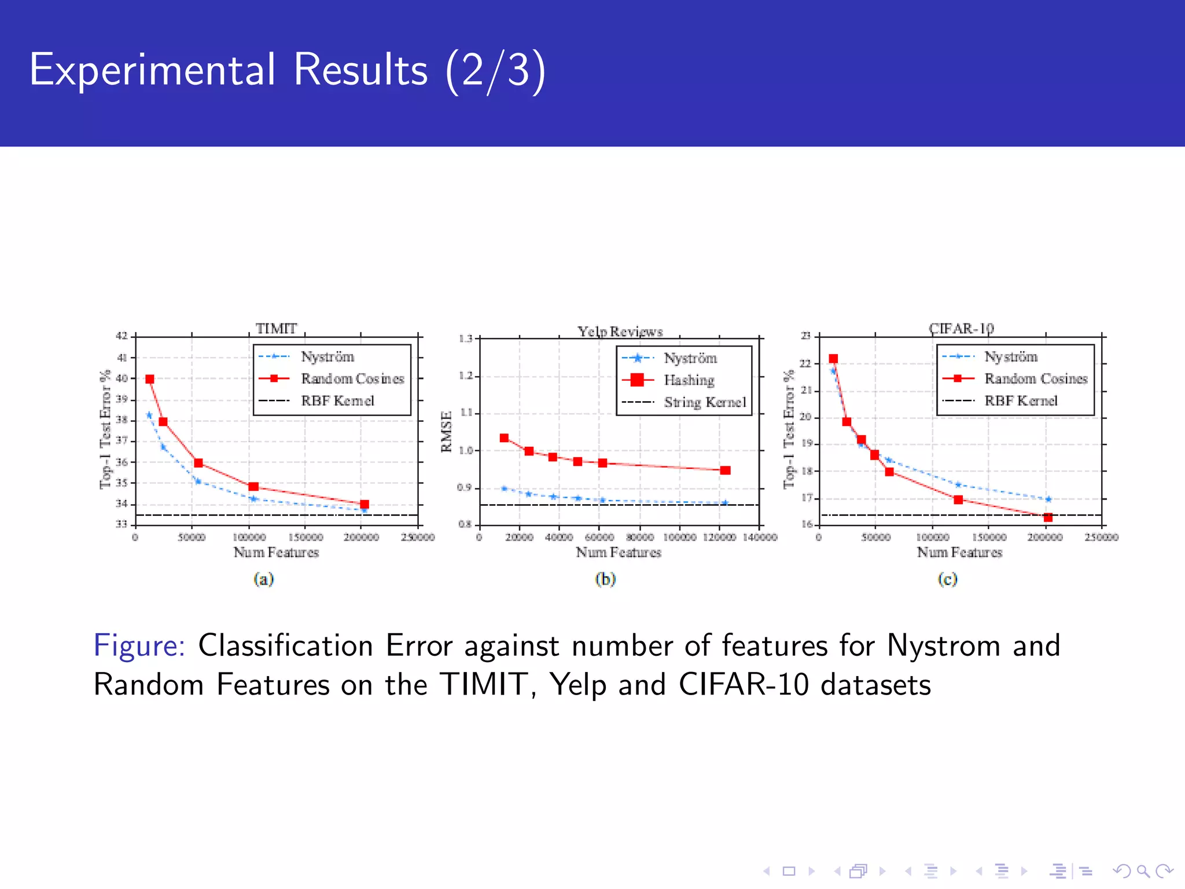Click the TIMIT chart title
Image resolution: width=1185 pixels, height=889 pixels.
point(276,329)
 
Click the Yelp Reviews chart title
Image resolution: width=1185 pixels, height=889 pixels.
point(620,332)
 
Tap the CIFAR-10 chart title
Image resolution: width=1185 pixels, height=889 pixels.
point(961,329)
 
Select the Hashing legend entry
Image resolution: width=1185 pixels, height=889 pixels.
point(689,380)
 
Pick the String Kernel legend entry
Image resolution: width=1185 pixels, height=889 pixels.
point(705,402)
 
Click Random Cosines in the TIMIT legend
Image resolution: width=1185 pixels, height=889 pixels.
point(352,379)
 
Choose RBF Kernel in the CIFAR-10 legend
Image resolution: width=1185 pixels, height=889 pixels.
point(1021,401)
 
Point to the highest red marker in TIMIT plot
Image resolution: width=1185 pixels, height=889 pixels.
point(150,379)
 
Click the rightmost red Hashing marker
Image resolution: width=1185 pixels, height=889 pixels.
point(725,471)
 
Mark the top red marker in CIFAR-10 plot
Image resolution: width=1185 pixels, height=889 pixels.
point(833,359)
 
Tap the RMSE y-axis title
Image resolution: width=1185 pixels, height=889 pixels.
point(446,431)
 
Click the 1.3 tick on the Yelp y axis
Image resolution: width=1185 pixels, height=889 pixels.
point(466,339)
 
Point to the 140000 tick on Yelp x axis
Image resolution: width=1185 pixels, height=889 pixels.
point(760,538)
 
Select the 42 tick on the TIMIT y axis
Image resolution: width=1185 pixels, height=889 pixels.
point(122,336)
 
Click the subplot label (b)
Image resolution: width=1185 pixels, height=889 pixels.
point(605,579)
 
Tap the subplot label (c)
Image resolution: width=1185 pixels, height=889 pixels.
point(947,579)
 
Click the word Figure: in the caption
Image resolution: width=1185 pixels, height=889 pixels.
point(139,646)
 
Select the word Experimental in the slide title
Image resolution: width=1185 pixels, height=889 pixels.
point(152,70)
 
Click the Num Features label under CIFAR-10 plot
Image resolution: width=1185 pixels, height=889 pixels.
point(959,553)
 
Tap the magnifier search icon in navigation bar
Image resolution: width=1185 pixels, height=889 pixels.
point(1143,871)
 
